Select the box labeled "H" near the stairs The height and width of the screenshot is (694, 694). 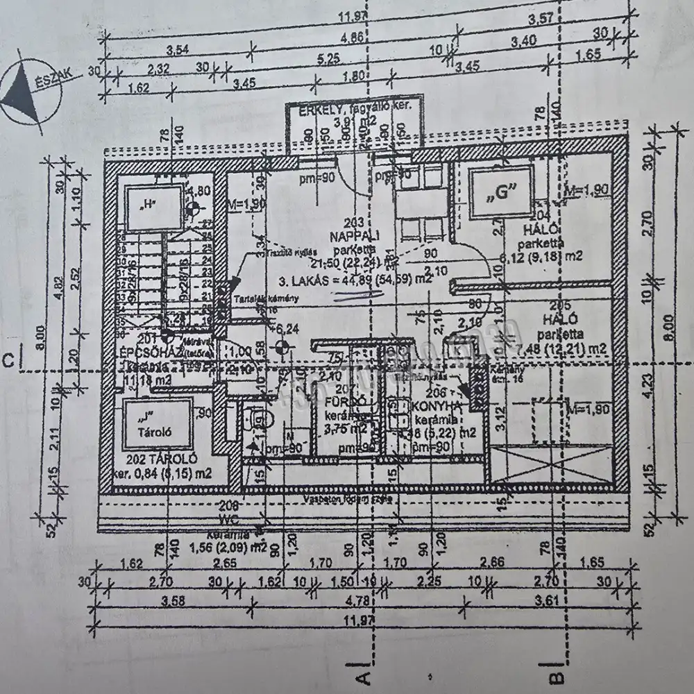pyautogui.click(x=148, y=204)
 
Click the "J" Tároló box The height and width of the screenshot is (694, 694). pyautogui.click(x=157, y=424)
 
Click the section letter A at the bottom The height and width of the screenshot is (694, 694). pyautogui.click(x=361, y=672)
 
